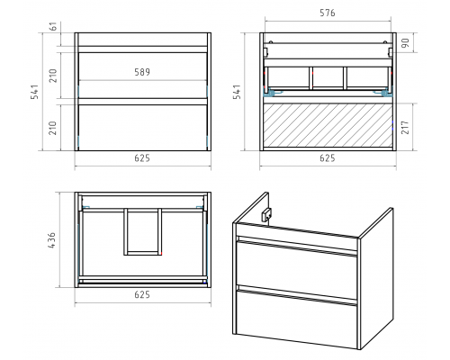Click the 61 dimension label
(x=54, y=27)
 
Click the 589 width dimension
(x=142, y=72)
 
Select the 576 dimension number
(x=328, y=13)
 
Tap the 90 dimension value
(x=405, y=43)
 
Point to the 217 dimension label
(x=405, y=128)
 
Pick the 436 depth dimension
(x=51, y=240)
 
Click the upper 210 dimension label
(x=53, y=76)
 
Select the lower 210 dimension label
(x=53, y=128)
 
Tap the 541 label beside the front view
(x=35, y=92)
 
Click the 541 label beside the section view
(x=237, y=92)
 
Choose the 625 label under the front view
(x=142, y=158)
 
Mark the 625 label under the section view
(x=328, y=158)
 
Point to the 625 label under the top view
(x=142, y=294)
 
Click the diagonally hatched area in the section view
(x=328, y=125)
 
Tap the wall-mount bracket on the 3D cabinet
(x=266, y=215)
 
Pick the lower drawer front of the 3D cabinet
(x=296, y=318)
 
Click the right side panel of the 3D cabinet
(x=376, y=277)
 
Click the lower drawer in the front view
(x=143, y=128)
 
